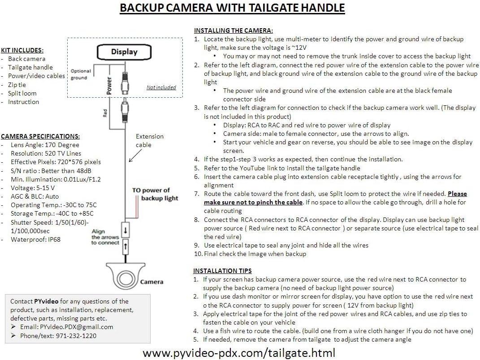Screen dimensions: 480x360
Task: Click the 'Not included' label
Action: [x=161, y=87]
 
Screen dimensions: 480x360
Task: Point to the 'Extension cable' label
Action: [x=149, y=140]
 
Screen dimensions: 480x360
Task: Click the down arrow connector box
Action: [x=125, y=230]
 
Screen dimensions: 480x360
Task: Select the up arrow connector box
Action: [x=125, y=247]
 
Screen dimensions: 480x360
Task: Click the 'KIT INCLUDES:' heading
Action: [x=22, y=51]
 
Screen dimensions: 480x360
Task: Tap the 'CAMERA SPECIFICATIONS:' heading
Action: [x=40, y=137]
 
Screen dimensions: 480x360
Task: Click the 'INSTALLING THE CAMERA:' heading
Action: [x=233, y=30]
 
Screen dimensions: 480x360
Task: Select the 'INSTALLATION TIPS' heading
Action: [x=222, y=271]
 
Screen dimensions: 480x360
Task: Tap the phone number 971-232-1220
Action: [x=76, y=336]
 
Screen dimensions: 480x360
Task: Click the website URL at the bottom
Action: [x=239, y=353]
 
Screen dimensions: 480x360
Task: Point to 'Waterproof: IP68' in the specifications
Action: [x=35, y=240]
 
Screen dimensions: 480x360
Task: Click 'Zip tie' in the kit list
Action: [x=17, y=85]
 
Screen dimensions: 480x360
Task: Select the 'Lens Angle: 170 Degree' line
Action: [x=45, y=145]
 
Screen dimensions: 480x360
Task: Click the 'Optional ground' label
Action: [x=81, y=74]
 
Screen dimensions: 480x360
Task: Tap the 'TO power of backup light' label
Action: [x=155, y=194]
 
